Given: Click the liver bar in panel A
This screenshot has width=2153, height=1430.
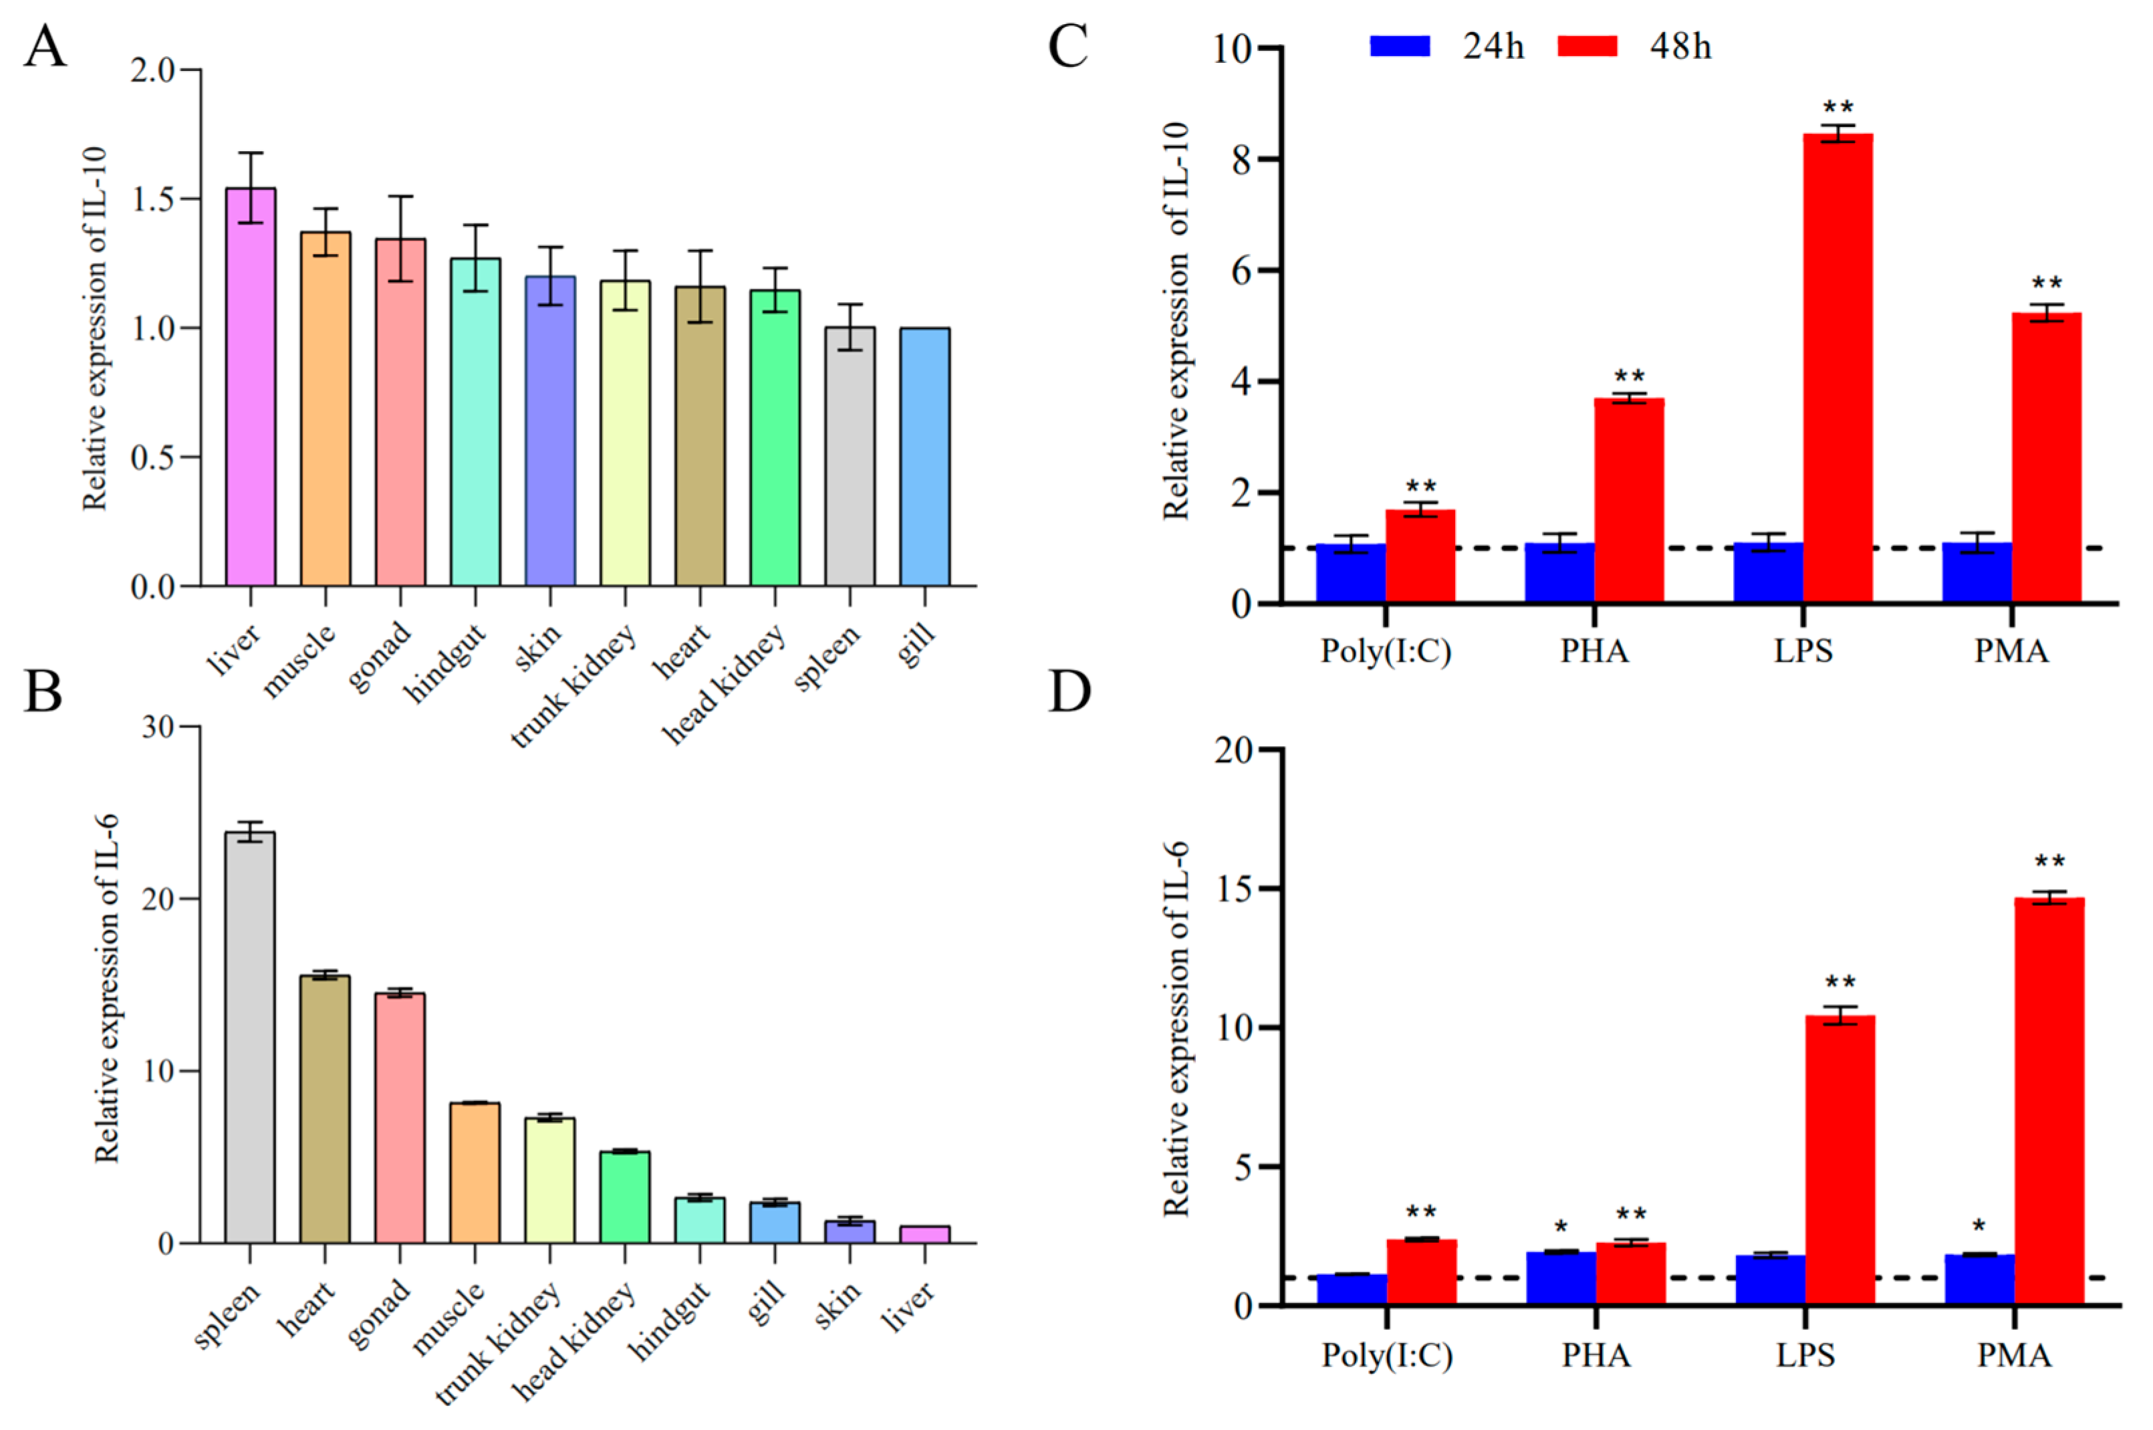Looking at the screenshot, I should (x=251, y=388).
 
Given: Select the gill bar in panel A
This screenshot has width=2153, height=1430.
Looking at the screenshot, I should (x=924, y=456).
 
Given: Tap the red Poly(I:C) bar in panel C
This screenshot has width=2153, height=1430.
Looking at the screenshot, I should (x=1420, y=556).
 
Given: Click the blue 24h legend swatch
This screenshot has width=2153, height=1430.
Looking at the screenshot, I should (x=1400, y=45).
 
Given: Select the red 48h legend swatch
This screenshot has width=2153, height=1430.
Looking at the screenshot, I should (x=1587, y=45).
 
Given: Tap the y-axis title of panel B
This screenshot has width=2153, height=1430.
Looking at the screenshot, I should (x=107, y=989).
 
